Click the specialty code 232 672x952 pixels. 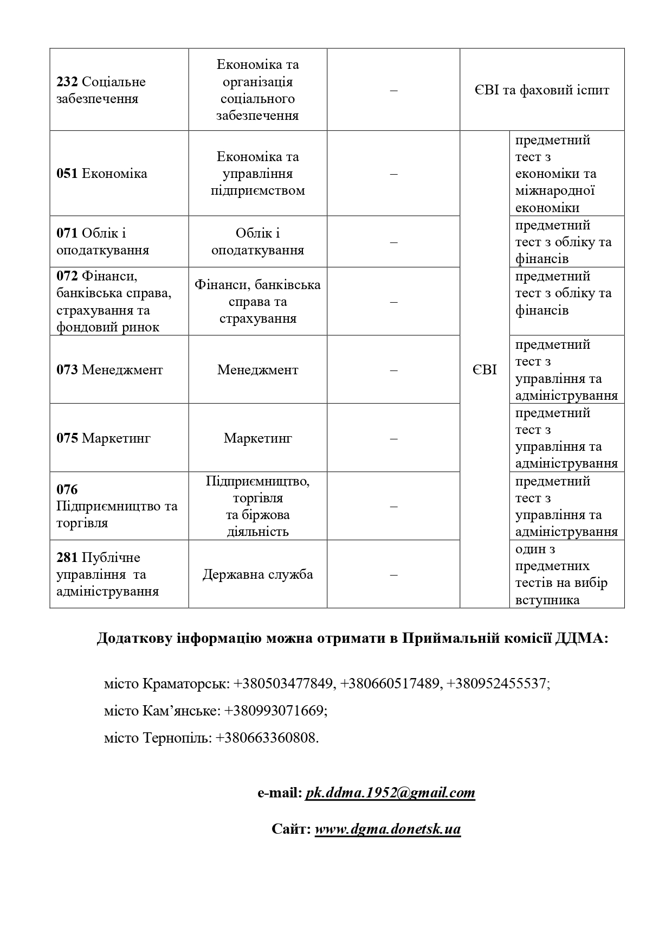[x=67, y=82]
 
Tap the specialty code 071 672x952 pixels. [x=67, y=233]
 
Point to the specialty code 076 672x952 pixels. [x=67, y=489]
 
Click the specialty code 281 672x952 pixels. [x=67, y=558]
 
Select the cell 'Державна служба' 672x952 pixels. [x=257, y=574]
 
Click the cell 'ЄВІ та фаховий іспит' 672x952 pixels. [x=541, y=90]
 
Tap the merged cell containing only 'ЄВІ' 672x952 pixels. [x=484, y=370]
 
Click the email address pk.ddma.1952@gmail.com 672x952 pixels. [x=390, y=793]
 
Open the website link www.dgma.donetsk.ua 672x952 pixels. [x=387, y=829]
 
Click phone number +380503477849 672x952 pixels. [x=283, y=683]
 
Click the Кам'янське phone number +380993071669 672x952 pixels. [x=275, y=711]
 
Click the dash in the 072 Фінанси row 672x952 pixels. [x=393, y=302]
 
